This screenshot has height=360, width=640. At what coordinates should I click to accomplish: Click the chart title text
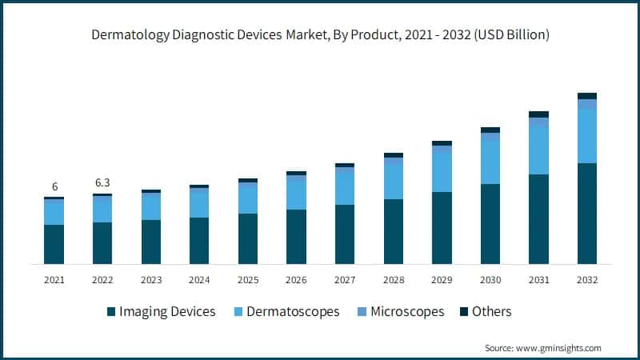[x=320, y=35]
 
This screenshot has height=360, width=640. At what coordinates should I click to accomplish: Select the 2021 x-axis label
[x=54, y=280]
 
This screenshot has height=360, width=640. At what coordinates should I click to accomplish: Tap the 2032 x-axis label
[x=586, y=280]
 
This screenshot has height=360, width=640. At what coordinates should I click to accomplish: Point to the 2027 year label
[x=344, y=280]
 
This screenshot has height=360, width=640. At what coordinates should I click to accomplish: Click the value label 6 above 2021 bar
[x=54, y=186]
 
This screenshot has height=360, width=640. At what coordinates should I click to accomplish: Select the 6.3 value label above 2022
[x=102, y=183]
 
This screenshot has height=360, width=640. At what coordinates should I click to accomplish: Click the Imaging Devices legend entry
[x=161, y=311]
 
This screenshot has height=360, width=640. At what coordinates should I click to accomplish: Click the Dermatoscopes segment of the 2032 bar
[x=587, y=136]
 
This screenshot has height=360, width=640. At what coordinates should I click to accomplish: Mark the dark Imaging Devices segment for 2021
[x=54, y=244]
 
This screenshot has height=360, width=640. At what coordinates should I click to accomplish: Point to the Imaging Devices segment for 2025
[x=248, y=238]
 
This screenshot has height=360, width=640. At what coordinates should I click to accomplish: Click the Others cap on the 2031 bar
[x=538, y=114]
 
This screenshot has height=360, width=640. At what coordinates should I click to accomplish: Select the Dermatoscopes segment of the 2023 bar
[x=151, y=207]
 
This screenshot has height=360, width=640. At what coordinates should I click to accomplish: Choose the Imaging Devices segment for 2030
[x=490, y=224]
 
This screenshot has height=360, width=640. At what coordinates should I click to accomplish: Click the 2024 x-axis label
[x=199, y=280]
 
